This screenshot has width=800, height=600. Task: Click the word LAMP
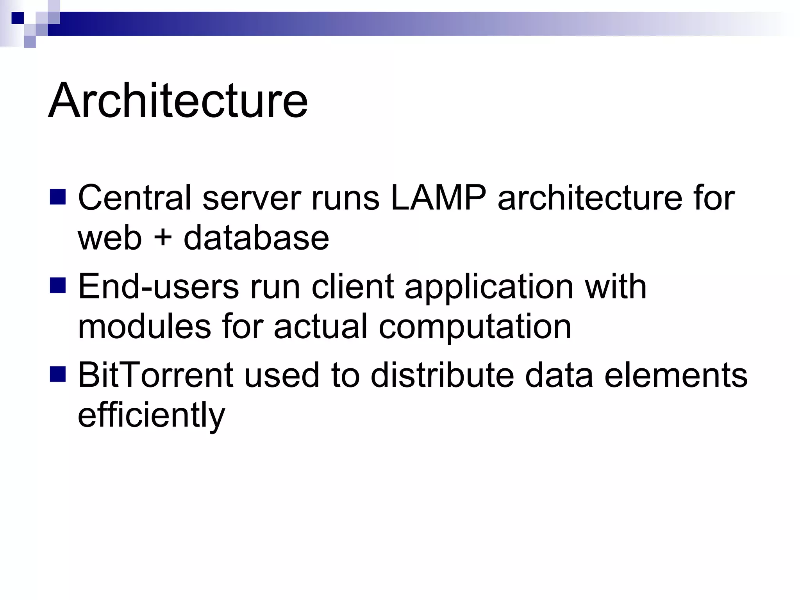click(x=438, y=198)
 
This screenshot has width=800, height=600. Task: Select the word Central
click(x=135, y=198)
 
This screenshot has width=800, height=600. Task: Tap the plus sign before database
click(x=162, y=239)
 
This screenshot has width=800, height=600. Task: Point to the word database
click(x=256, y=238)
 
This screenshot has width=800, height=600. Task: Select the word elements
click(x=676, y=375)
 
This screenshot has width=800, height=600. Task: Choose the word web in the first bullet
click(x=110, y=239)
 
